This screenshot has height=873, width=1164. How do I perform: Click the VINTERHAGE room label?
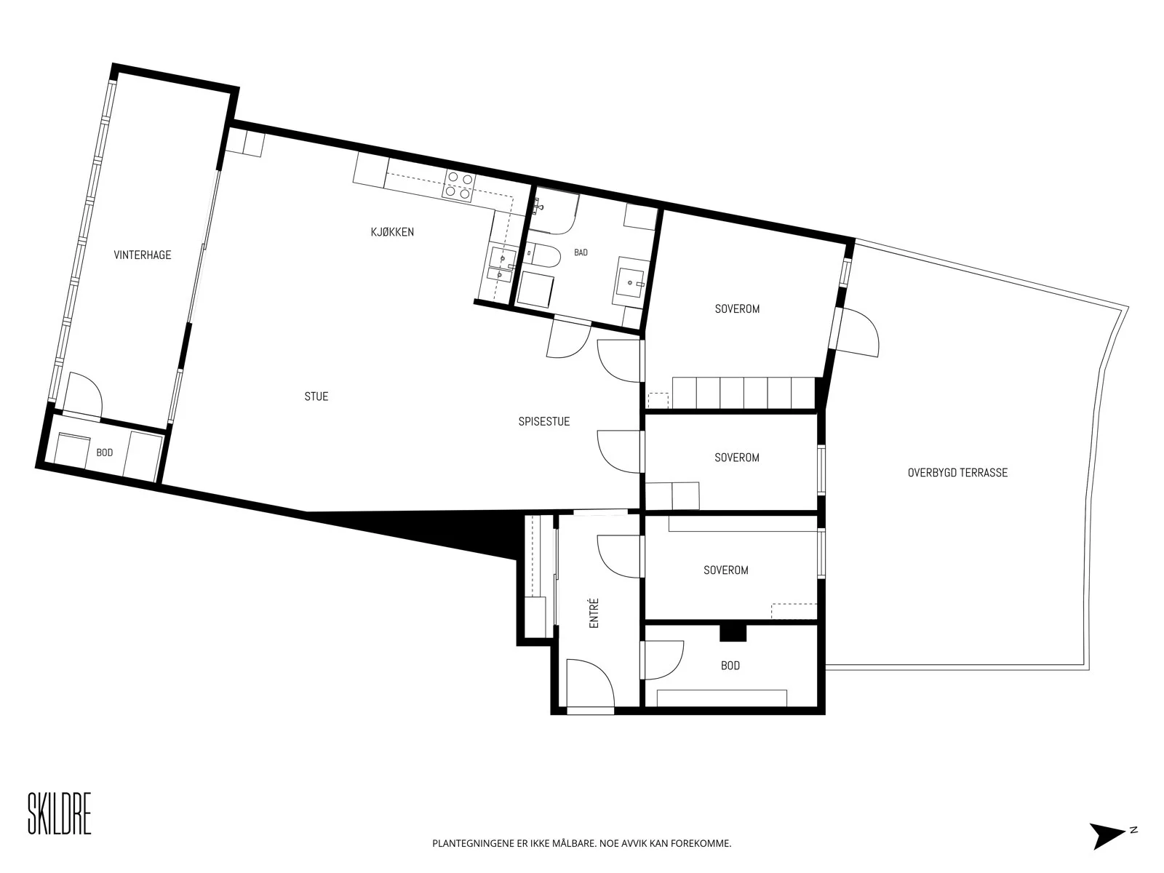[142, 255]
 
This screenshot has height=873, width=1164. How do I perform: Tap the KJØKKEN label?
[392, 231]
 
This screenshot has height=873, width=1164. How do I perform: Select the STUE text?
[316, 396]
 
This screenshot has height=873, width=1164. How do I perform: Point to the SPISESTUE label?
[543, 421]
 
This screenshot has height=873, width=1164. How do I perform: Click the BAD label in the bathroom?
[581, 252]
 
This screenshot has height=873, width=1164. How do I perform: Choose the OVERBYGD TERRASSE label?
[957, 472]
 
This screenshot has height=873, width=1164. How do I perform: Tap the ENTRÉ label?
[594, 613]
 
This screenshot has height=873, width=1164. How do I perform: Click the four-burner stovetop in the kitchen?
[459, 186]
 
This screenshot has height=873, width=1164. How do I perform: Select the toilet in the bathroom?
[543, 255]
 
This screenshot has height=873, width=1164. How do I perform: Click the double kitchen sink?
[501, 264]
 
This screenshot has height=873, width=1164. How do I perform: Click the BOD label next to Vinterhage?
[105, 453]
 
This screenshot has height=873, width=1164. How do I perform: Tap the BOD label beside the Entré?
[730, 666]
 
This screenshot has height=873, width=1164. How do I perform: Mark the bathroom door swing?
[568, 338]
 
